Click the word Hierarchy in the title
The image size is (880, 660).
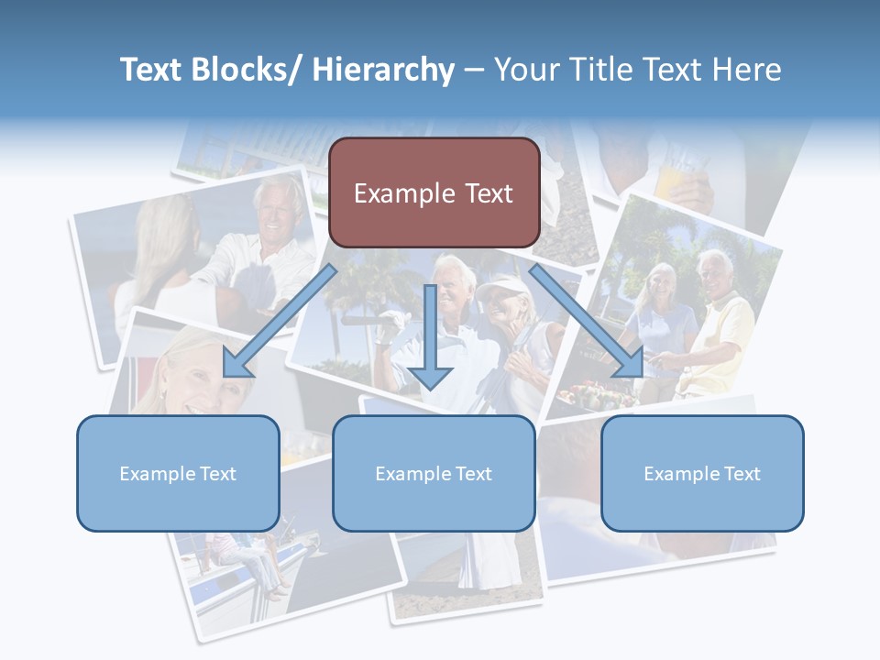click(383, 70)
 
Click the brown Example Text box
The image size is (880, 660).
click(434, 192)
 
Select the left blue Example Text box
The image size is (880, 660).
click(178, 473)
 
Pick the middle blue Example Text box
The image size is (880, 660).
click(434, 473)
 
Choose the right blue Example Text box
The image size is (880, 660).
click(702, 473)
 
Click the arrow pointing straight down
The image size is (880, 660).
click(430, 339)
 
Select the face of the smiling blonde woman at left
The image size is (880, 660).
click(192, 371)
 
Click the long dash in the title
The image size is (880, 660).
click(474, 70)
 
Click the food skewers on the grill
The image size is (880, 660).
click(593, 396)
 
